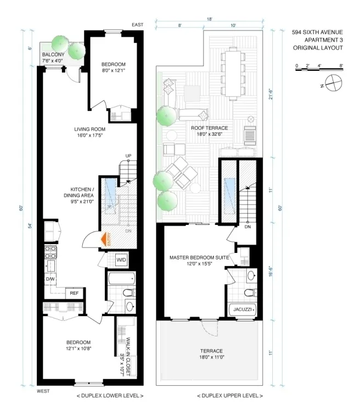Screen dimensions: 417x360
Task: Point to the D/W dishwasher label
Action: [x=50, y=279]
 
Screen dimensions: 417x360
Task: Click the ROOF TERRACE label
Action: [x=209, y=128]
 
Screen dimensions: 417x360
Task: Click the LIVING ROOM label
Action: [x=89, y=130]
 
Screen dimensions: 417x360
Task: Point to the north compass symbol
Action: [x=333, y=84]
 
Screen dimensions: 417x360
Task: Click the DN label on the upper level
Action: [x=248, y=226]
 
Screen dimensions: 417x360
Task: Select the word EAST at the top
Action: [x=138, y=25]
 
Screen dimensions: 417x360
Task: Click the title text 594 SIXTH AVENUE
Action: [x=318, y=32]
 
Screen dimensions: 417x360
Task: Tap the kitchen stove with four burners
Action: [x=50, y=252]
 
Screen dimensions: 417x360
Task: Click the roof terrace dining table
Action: [x=237, y=71]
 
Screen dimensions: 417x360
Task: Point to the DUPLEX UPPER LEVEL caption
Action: [x=229, y=396]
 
